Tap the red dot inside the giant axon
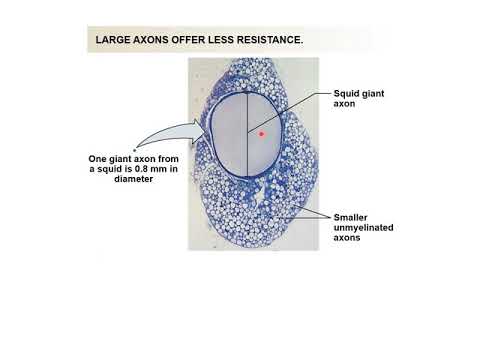(x=262, y=132)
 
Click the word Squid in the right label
(x=346, y=92)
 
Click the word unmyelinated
(x=363, y=228)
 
